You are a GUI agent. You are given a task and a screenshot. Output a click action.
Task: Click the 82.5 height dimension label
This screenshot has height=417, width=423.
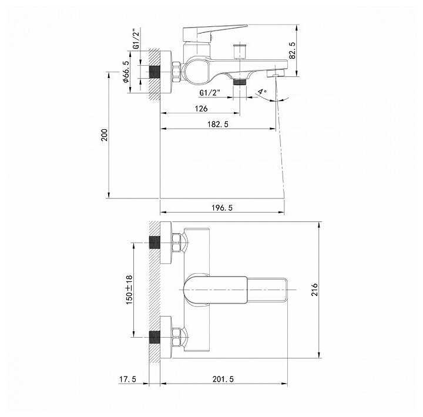(292, 50)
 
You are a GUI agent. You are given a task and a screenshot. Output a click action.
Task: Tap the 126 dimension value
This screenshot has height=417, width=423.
(201, 109)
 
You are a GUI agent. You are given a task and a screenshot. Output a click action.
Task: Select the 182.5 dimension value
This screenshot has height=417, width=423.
(218, 124)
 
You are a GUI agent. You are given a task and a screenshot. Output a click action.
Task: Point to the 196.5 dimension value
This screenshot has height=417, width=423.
(221, 208)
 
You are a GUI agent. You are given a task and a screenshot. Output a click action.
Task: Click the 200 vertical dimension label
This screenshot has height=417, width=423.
(104, 135)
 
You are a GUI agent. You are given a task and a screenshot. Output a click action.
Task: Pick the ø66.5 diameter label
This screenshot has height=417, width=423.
(126, 72)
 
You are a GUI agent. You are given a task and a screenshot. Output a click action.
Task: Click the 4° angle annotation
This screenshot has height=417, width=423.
(262, 92)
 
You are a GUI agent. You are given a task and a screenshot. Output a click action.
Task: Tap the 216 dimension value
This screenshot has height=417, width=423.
(314, 290)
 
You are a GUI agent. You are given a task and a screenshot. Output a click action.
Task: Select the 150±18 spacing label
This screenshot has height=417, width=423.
(129, 290)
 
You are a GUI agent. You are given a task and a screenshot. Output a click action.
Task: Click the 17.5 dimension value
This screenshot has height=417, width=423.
(127, 379)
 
